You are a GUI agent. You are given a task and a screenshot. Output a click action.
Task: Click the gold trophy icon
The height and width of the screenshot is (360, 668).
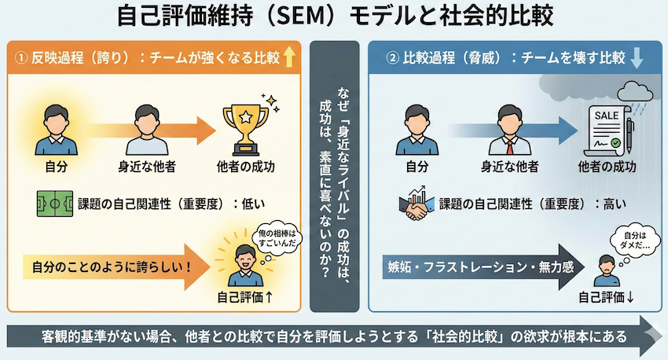pos(246,130)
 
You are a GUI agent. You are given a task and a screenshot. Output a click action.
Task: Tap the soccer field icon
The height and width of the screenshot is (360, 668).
pos(55,204)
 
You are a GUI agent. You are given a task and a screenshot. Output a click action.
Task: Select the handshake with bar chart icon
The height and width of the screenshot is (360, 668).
pos(417,204)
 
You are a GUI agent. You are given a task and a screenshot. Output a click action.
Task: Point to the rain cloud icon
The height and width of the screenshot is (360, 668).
pos(635,94)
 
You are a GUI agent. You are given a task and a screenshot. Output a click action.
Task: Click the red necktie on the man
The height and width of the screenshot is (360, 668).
pos(510,147)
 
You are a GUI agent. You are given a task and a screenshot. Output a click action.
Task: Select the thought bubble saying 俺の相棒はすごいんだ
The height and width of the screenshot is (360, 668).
pos(277,240)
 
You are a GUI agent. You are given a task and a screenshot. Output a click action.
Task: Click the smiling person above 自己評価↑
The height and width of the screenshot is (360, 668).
pos(245,265)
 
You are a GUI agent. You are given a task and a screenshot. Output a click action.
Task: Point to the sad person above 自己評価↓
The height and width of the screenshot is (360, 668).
pos(607,271)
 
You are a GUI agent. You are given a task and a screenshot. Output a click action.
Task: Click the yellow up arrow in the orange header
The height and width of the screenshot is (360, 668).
pos(289,57)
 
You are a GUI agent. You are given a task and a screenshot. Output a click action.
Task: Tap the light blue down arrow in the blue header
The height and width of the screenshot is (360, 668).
pos(637,57)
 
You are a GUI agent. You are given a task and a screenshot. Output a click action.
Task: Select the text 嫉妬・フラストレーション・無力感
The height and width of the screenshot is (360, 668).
pos(480,267)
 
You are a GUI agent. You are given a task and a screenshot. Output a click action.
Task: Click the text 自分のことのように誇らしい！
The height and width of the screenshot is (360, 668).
pos(112,267)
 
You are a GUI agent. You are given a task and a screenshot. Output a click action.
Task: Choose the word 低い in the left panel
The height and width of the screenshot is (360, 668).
pos(253,204)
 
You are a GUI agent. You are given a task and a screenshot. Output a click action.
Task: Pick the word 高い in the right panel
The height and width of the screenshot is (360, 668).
pos(615,204)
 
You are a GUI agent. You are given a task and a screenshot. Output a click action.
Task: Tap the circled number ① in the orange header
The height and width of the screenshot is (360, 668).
pos(21,57)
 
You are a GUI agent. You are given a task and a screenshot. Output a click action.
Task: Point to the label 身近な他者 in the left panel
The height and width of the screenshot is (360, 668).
pos(147,167)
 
